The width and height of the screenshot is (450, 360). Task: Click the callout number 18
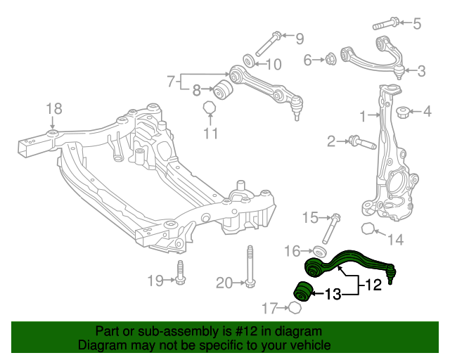point(54,108)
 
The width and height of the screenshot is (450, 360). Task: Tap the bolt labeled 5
point(383,24)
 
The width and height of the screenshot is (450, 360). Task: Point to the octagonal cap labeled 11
point(209,108)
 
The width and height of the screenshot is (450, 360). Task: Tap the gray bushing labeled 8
point(224,90)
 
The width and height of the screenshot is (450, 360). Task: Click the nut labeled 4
point(404,112)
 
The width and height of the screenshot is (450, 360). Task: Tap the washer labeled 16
point(319,252)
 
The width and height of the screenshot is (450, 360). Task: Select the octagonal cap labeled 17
point(296,307)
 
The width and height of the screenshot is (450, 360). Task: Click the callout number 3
point(420,70)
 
